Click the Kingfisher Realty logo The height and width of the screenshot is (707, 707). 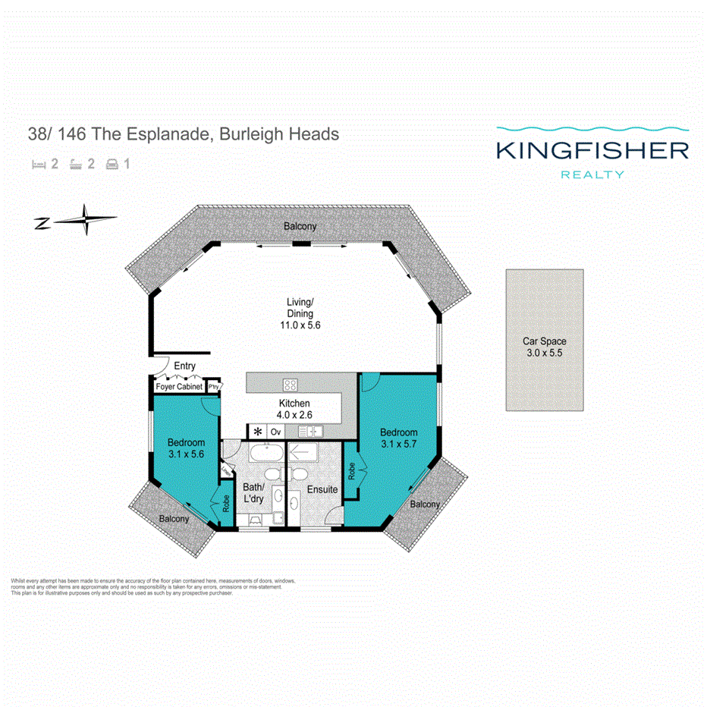pos(592,152)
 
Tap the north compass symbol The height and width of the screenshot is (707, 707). pos(77,221)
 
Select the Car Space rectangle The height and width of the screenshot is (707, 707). pos(545,340)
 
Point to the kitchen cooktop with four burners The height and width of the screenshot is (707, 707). pos(291,385)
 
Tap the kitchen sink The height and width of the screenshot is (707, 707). pos(311,432)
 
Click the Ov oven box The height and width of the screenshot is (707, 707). pos(276,432)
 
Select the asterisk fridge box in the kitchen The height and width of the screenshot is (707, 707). pos(258,432)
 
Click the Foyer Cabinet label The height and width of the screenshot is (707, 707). pos(179,387)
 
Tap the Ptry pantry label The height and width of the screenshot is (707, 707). pos(215,386)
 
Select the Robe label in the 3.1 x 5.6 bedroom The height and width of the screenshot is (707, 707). pos(226,504)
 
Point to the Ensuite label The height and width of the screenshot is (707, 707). pos(322,490)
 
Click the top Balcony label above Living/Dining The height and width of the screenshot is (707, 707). pos(300,227)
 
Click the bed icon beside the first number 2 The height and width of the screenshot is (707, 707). pos(37,163)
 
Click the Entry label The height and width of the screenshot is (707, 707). pos(184,366)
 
